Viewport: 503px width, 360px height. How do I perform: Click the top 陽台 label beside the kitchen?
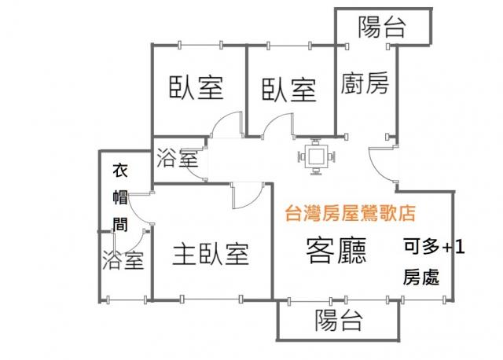point(382,27)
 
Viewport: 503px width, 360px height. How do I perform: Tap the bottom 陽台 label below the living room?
point(339,320)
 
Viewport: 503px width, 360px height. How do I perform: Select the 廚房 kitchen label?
point(365,83)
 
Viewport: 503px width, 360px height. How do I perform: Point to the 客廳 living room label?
point(336,251)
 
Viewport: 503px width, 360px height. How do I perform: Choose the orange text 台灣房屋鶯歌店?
point(351,213)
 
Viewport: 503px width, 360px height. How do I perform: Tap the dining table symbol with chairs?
point(317,157)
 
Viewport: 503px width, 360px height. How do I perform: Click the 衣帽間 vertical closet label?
point(120,197)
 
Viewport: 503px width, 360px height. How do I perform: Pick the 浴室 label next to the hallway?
point(177,158)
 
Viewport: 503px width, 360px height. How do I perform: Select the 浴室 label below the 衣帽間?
point(123,260)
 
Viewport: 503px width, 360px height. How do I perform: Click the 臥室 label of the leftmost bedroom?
point(196,87)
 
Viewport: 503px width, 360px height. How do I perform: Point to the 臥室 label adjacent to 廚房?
point(289,90)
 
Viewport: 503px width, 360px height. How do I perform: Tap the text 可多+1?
point(434,247)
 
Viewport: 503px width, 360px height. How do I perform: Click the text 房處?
point(421,277)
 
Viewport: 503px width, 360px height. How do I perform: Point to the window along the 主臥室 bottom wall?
point(211,299)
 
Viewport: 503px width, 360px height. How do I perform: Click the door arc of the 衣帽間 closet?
point(140,209)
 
